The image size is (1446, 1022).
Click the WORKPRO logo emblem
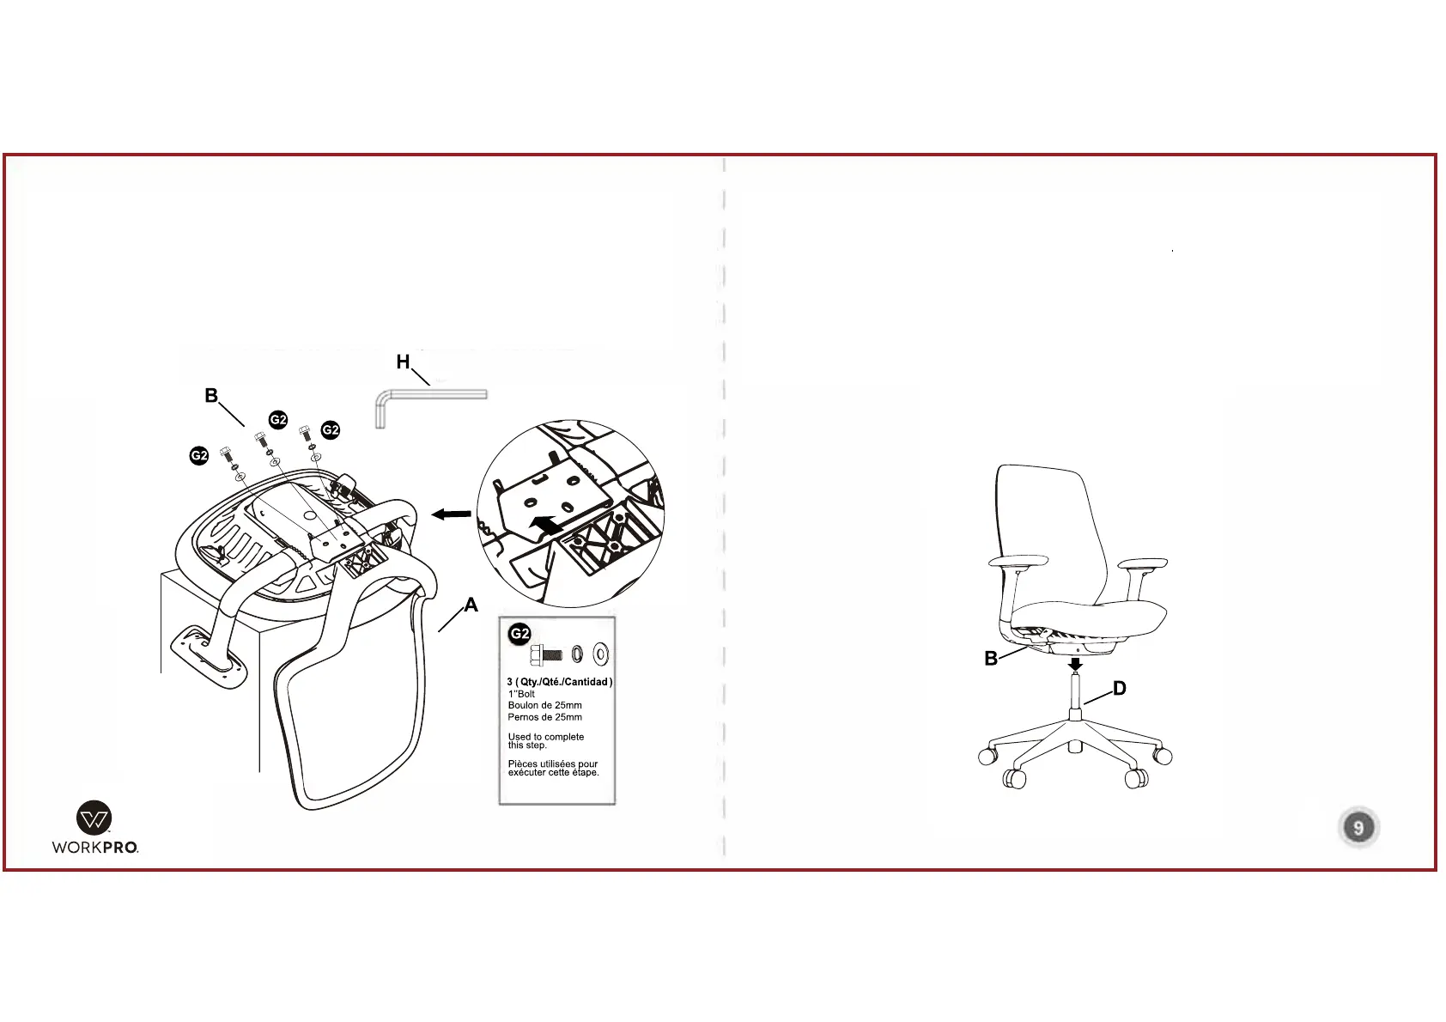(x=94, y=818)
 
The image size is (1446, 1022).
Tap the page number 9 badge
(x=1358, y=828)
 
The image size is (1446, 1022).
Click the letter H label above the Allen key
(x=403, y=362)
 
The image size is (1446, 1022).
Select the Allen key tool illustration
(x=429, y=399)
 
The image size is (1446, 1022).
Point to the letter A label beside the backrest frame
(x=471, y=605)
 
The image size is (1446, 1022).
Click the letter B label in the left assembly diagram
(x=211, y=396)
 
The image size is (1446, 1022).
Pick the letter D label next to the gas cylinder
(x=1119, y=689)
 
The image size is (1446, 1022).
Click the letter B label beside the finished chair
(x=991, y=659)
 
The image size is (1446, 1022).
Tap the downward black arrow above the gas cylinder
(x=1074, y=664)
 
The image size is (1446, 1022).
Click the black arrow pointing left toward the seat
(x=451, y=514)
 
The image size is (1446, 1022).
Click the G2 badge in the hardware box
(x=519, y=635)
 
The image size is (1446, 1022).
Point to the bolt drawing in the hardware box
(x=546, y=654)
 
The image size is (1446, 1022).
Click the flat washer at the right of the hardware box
(x=601, y=654)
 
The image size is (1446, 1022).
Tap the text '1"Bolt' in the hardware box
(x=521, y=694)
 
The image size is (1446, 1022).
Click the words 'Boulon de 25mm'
(x=544, y=705)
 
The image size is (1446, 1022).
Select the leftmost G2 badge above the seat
(x=199, y=456)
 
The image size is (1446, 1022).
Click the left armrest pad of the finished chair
(x=1018, y=561)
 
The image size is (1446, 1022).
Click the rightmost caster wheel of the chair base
(x=1163, y=757)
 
